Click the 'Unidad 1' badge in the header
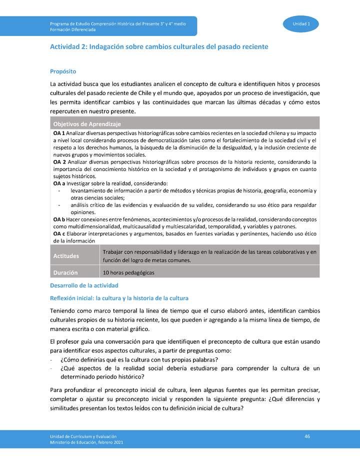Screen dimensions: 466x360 pos(301,24)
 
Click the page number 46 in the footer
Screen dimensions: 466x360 pos(307,436)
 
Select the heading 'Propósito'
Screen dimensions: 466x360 pos(62,72)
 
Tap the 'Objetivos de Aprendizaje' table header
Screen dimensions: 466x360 pos(87,124)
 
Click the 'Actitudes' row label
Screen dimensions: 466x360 pos(66,256)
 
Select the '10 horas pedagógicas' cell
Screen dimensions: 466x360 pos(128,273)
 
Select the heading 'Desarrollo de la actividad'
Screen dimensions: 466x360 pos(84,285)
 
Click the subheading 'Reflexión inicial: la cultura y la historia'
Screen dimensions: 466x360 pos(119,298)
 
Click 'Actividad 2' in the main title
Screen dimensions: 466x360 pos(68,46)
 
